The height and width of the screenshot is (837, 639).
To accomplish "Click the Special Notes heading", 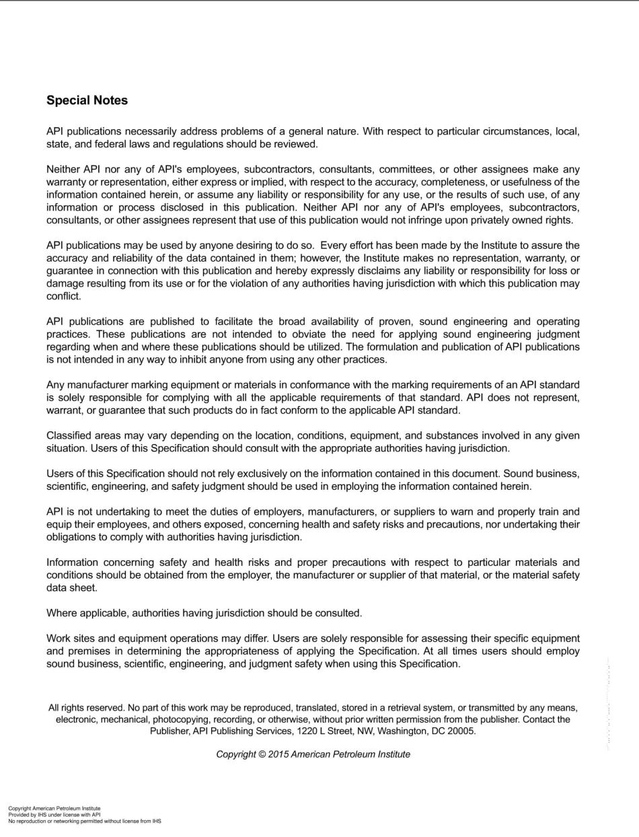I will tap(87, 101).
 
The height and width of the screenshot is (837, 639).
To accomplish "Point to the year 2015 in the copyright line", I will tap(278, 754).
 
